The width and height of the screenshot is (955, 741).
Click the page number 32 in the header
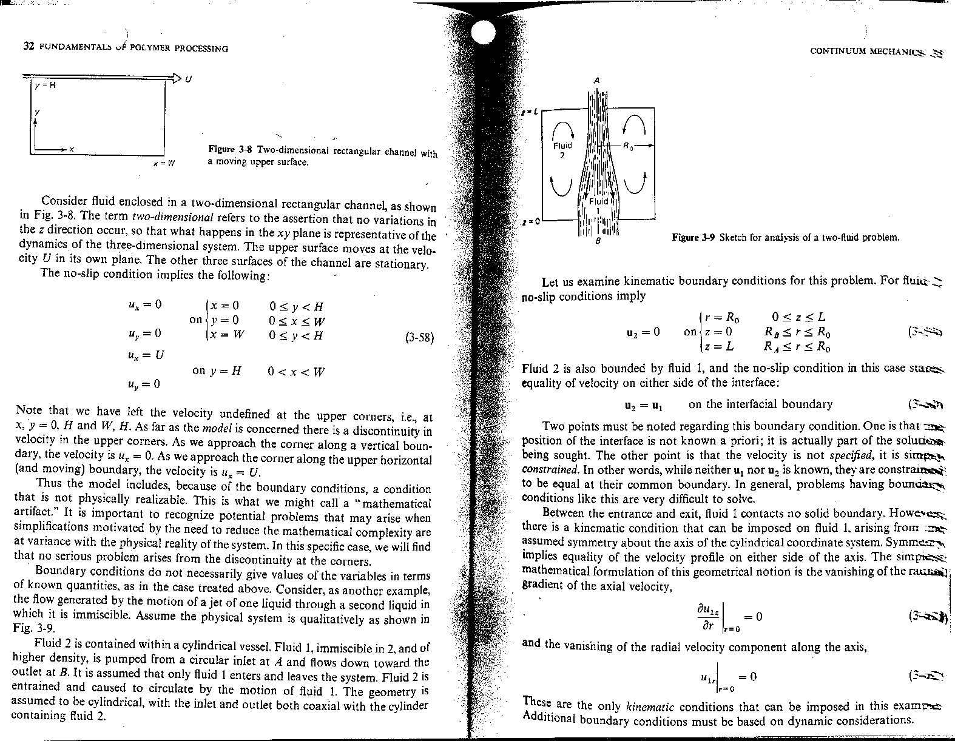point(27,48)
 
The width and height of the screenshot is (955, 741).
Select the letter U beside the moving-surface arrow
point(188,79)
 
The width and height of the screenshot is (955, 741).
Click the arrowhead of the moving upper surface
point(176,77)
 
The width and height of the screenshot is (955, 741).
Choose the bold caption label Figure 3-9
point(693,238)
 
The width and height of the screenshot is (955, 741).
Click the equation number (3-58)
point(419,338)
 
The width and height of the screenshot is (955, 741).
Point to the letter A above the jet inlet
point(597,81)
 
